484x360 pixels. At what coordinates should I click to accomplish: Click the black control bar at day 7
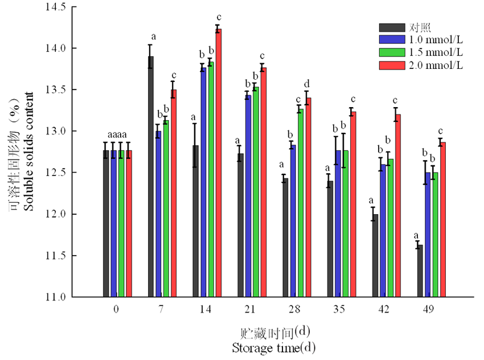(150, 177)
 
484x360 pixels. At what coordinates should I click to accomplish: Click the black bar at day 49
(420, 271)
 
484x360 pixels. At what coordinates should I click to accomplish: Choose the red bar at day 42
(397, 206)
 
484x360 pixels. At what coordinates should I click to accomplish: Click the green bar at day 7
(166, 208)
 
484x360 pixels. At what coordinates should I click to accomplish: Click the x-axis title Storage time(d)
(273, 346)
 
